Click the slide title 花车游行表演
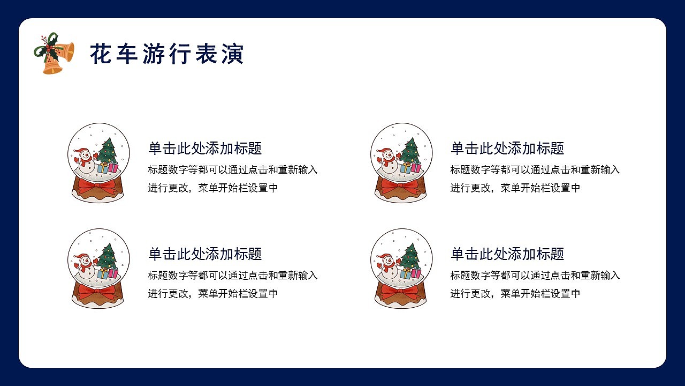tap(166, 54)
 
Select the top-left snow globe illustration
tap(98, 162)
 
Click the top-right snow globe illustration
tap(401, 162)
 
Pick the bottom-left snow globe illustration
tap(98, 268)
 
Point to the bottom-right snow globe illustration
tap(401, 268)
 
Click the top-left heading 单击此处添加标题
tap(205, 149)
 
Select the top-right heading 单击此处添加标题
tap(507, 149)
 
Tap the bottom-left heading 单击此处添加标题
tap(205, 254)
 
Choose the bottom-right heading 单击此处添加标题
tap(507, 254)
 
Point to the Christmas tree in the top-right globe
tap(410, 151)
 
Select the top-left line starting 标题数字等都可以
tap(233, 170)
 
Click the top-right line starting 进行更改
tap(515, 188)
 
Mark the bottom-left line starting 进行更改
tap(213, 294)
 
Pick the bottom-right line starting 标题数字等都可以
tap(535, 276)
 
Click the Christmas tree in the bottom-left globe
tap(108, 257)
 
